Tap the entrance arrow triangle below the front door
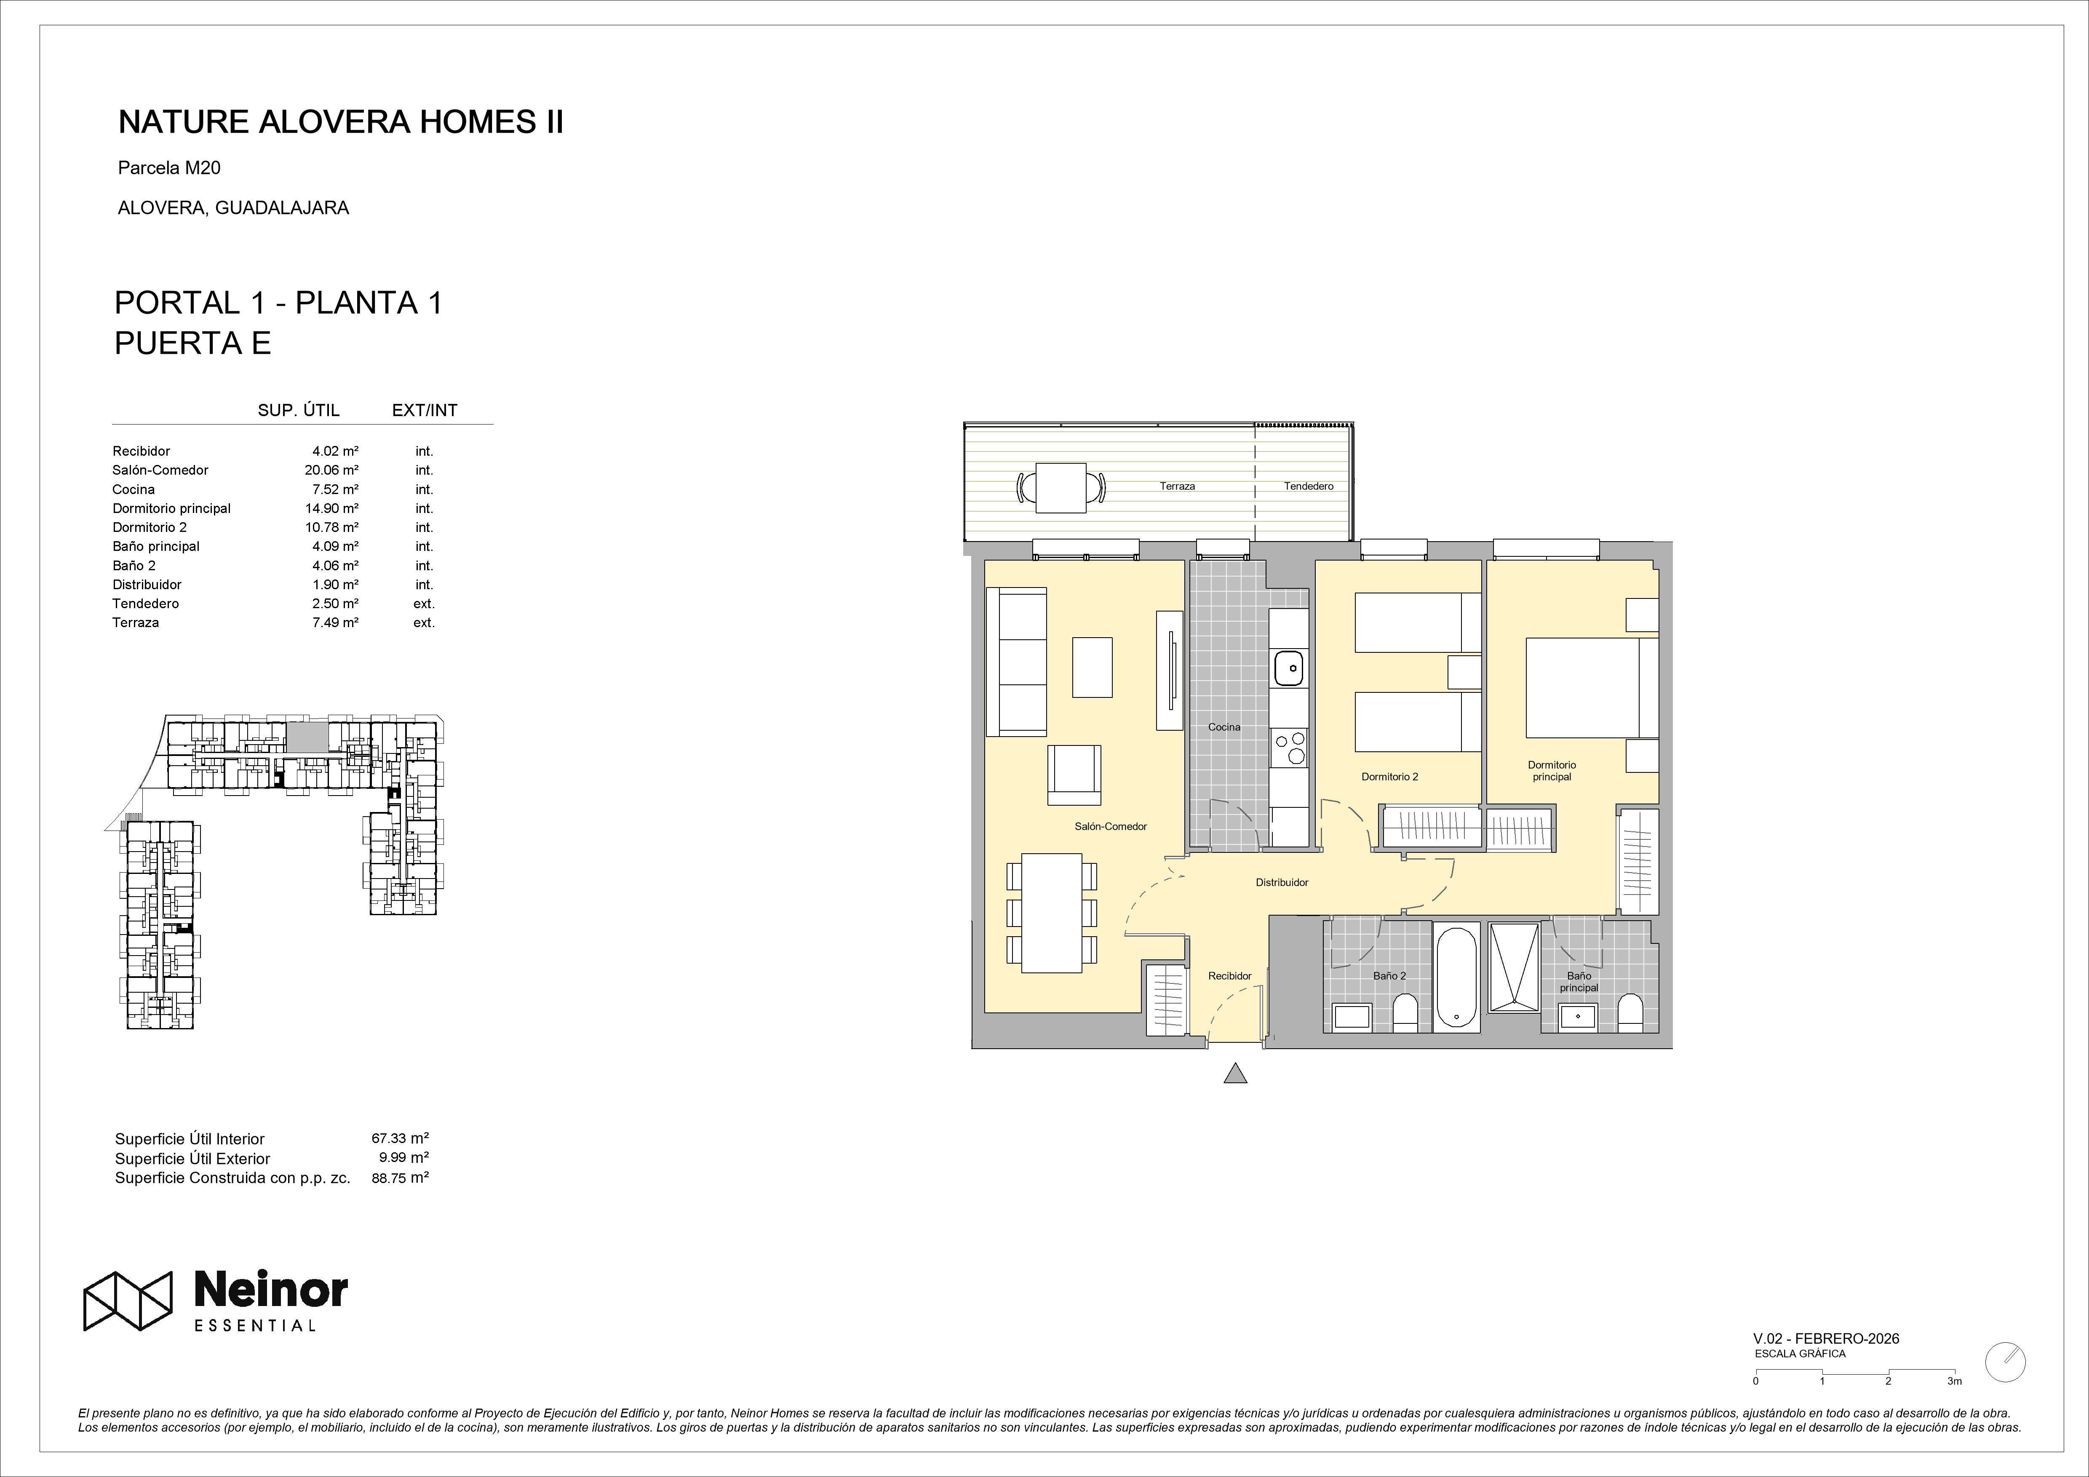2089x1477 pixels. pyautogui.click(x=1234, y=1074)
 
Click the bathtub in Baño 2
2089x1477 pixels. pyautogui.click(x=1457, y=978)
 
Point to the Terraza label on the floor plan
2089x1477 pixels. pyautogui.click(x=1177, y=486)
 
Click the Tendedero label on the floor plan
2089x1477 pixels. pyautogui.click(x=1308, y=486)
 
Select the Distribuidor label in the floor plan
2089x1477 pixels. pyautogui.click(x=1282, y=882)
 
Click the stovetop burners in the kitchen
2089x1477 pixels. pyautogui.click(x=1289, y=747)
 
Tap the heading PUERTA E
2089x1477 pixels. pyautogui.click(x=193, y=343)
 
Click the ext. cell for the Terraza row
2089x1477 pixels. pyautogui.click(x=424, y=622)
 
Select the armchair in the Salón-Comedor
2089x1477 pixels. pyautogui.click(x=1074, y=775)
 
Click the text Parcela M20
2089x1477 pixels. pyautogui.click(x=169, y=168)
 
